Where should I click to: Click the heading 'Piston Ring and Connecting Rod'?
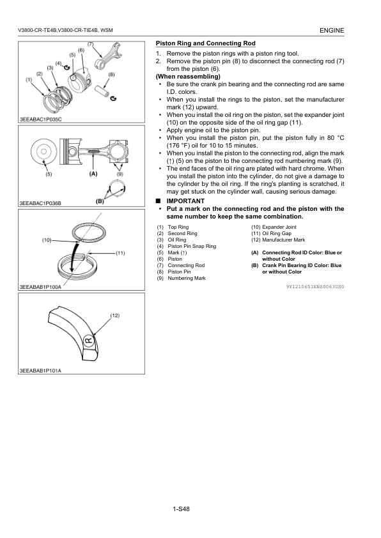[206, 43]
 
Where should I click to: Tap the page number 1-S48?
[182, 509]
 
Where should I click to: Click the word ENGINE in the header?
[332, 30]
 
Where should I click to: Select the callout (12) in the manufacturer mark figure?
[114, 315]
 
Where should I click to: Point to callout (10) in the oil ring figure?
[47, 240]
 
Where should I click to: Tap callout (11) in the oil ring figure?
[120, 253]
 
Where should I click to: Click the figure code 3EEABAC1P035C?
[40, 119]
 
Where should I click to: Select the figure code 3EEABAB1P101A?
[40, 371]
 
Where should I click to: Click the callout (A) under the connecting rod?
[93, 174]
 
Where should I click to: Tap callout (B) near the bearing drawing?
[100, 201]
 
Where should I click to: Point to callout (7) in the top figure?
[91, 44]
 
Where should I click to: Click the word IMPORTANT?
[185, 201]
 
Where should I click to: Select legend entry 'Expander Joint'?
[279, 227]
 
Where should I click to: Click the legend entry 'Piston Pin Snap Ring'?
[192, 246]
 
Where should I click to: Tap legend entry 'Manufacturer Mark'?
[284, 240]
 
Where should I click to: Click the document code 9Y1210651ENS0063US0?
[315, 286]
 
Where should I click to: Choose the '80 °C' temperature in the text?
[336, 138]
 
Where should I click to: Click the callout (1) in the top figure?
[29, 80]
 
